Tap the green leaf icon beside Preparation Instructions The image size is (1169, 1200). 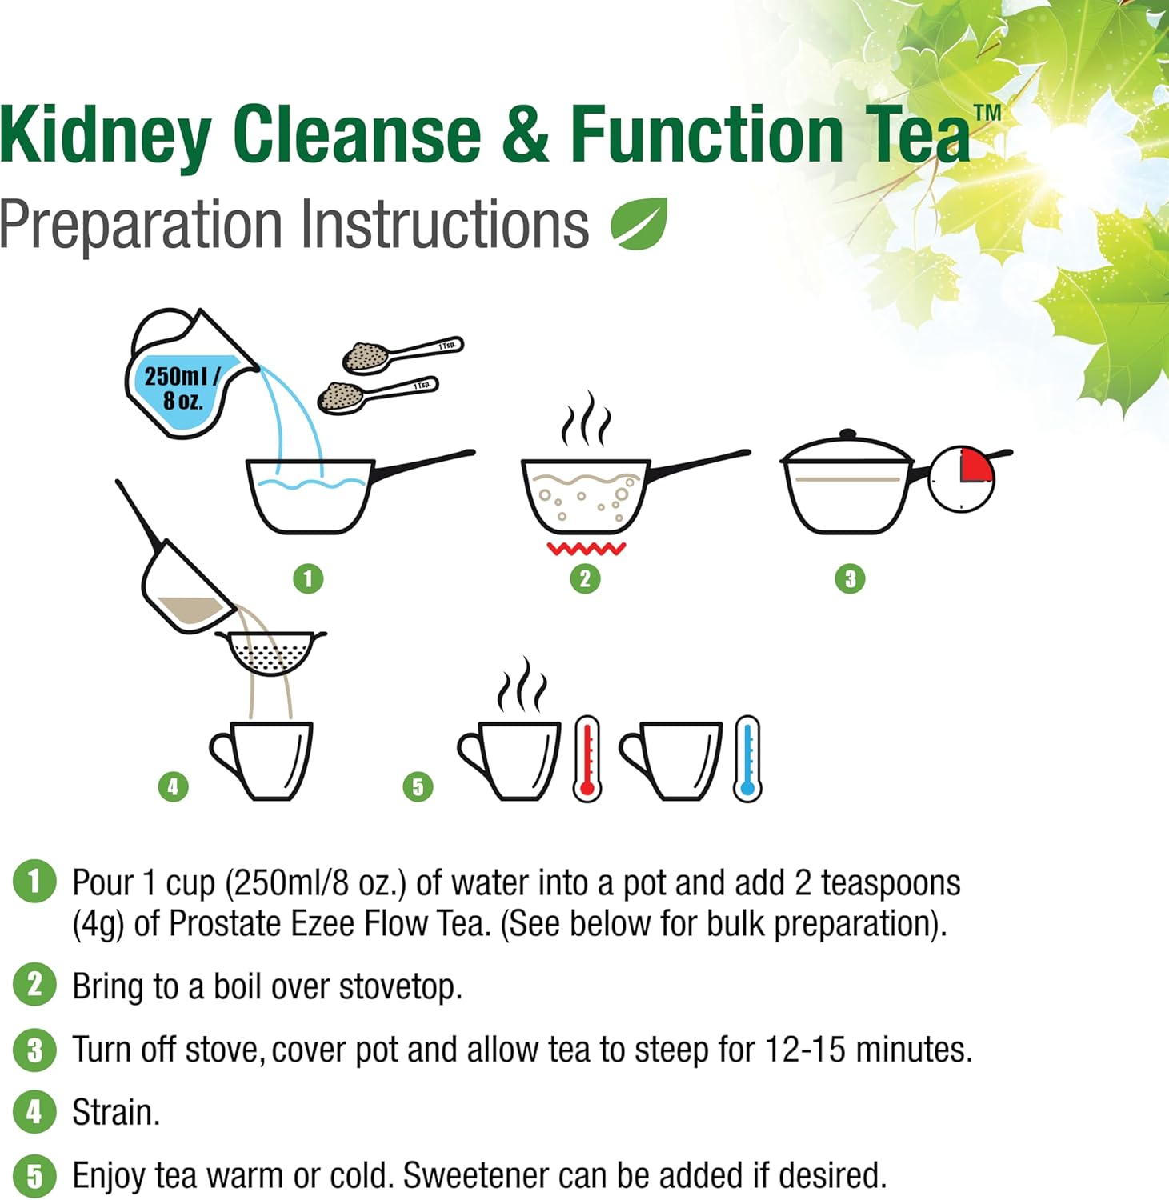click(x=639, y=223)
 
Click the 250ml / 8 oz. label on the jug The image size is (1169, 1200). click(x=182, y=387)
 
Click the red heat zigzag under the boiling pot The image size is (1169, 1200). click(x=586, y=549)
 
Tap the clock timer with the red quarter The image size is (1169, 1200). click(x=962, y=479)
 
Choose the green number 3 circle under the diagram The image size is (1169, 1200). click(x=850, y=578)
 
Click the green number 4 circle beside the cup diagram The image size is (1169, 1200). click(x=174, y=786)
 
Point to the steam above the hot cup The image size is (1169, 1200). click(x=522, y=685)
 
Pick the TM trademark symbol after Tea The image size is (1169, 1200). click(x=987, y=112)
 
